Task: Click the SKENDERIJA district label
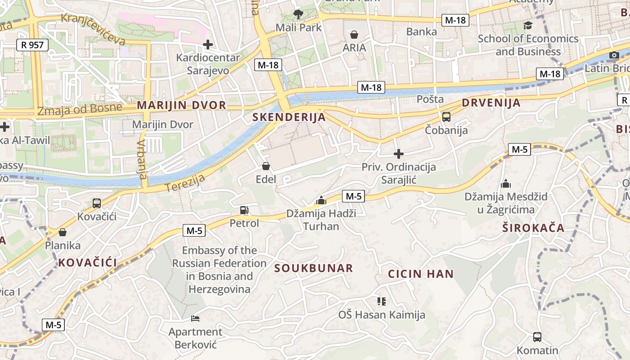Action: coord(289,117)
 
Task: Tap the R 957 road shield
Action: coord(32,45)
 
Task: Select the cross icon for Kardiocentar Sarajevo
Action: coord(208,45)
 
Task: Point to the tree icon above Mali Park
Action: coord(298,14)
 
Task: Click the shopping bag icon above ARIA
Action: coord(354,35)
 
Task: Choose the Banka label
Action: coord(421,31)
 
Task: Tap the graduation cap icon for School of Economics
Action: coord(528,26)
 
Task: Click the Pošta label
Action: coord(430,99)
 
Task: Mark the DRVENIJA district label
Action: coord(491,103)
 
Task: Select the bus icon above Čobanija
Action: coord(446,117)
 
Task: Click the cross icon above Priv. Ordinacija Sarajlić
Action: coord(399,154)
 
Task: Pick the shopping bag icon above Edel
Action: coord(266,166)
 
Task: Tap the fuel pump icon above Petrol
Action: coord(244,210)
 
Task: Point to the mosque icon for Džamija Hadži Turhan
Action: coord(321,200)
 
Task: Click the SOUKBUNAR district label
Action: coord(314,269)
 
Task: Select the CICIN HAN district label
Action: coord(421,274)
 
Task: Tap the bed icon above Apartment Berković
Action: coord(195,319)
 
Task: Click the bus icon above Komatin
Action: coord(537,337)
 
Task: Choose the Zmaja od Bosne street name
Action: coord(80,109)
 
